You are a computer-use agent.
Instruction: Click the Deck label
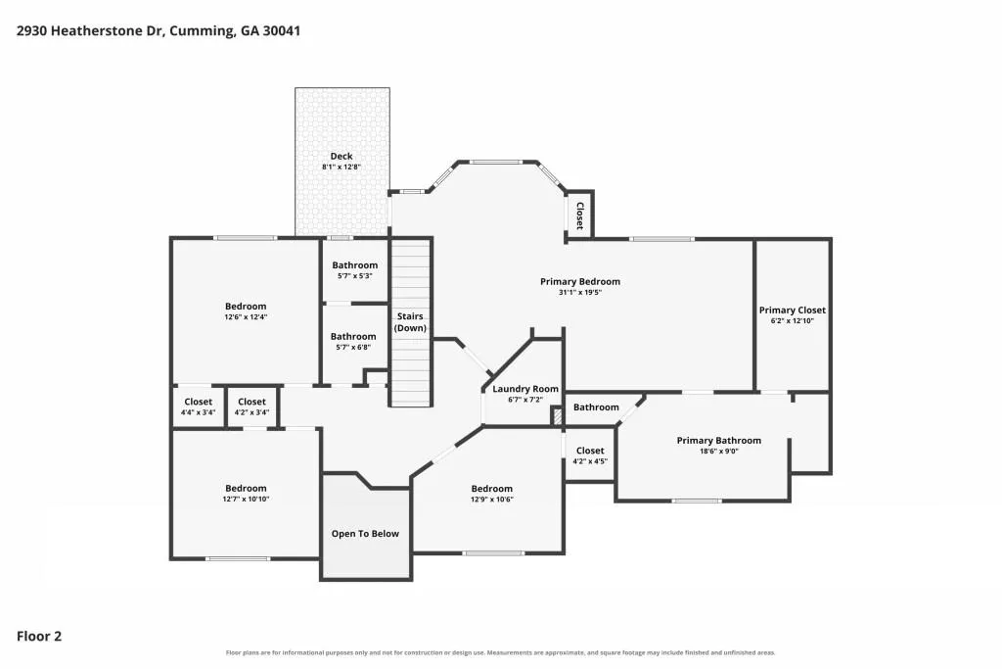pos(342,156)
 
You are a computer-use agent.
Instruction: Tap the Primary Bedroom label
pos(580,281)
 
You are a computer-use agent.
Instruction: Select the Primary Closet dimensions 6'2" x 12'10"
pos(793,321)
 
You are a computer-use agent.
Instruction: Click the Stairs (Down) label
pos(410,322)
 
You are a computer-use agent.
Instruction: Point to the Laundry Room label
pos(525,389)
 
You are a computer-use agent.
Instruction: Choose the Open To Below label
pos(365,534)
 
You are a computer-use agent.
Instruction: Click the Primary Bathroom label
pos(719,440)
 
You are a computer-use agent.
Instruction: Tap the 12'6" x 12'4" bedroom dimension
pos(246,316)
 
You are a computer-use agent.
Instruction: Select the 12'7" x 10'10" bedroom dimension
pos(246,499)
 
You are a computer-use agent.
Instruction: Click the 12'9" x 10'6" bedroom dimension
pos(492,500)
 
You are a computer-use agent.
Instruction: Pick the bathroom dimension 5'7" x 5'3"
pos(354,276)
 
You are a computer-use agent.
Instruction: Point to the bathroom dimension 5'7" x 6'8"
pos(353,348)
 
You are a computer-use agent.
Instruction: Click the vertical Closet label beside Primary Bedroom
pos(580,215)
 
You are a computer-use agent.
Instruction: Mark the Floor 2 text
pos(39,636)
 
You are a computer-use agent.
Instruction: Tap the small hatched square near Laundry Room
pos(557,417)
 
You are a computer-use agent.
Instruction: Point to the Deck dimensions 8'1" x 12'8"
pos(342,167)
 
